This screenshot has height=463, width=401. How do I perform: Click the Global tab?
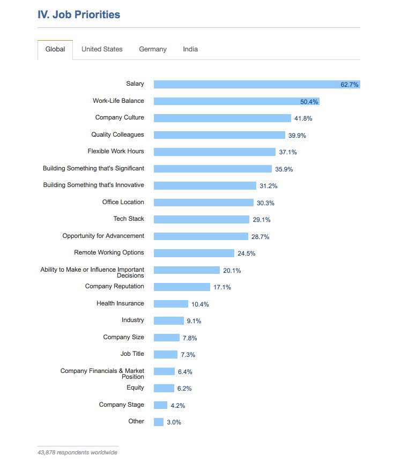coord(55,49)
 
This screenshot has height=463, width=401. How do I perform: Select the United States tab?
coord(102,49)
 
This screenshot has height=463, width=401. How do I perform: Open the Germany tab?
coord(153,49)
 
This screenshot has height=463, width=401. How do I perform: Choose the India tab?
coord(190,49)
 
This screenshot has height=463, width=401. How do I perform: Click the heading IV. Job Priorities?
coord(79,14)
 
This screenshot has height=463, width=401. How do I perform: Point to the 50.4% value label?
coord(309,101)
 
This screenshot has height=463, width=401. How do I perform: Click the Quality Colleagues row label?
coord(117,135)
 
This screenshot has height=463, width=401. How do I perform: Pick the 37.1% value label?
coord(288,152)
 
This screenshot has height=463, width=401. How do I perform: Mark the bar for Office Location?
coord(203,203)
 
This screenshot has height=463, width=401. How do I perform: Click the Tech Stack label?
coord(129,219)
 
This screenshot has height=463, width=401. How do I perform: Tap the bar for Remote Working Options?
coord(194,253)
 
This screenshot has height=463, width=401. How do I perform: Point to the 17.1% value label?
coord(222,287)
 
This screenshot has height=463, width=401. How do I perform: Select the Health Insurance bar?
coord(170,304)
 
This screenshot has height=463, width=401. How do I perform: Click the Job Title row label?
coord(132,354)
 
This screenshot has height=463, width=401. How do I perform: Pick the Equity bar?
coord(164,388)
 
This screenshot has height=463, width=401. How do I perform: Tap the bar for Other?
coord(158,422)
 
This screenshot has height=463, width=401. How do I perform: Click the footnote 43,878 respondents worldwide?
coord(77,452)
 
